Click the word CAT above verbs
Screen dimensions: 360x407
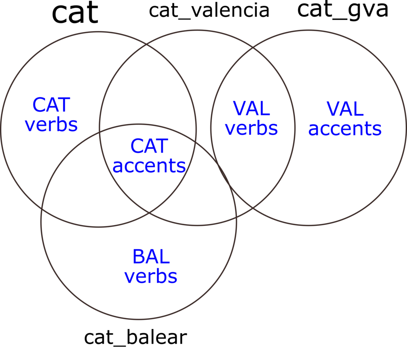(51, 105)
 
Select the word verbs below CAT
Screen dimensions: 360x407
(51, 125)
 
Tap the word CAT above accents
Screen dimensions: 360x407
(149, 146)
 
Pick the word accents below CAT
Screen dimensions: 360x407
(149, 166)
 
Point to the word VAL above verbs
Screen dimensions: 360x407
(252, 109)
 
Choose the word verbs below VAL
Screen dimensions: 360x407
(252, 128)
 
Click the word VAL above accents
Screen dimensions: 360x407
(345, 109)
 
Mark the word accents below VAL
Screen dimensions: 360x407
(345, 129)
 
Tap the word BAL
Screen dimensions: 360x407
(151, 257)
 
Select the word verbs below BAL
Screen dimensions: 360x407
(151, 276)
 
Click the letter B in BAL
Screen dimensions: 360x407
(138, 257)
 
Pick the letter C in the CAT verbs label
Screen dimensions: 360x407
(39, 105)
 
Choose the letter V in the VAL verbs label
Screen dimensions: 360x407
(239, 109)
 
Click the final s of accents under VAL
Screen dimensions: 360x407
(377, 129)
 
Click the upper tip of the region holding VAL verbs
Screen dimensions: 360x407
(253, 48)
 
